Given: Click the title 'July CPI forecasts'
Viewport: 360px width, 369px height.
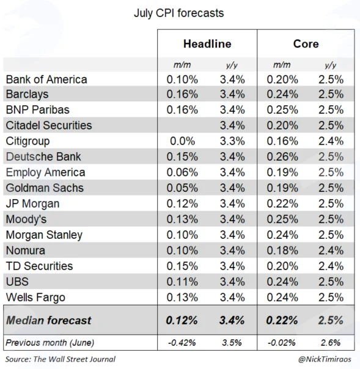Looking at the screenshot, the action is point(178,13).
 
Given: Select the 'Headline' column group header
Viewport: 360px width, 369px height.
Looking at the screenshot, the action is point(207,44).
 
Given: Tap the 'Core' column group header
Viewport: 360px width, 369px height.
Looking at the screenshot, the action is point(306,44).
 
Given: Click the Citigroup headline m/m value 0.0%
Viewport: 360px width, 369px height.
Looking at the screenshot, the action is point(183,141).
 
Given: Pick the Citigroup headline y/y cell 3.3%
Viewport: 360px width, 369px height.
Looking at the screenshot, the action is point(232,141).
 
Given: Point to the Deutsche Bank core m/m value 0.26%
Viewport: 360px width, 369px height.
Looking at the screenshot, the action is point(282,157).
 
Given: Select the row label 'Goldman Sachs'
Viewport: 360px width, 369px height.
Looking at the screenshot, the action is point(45,188).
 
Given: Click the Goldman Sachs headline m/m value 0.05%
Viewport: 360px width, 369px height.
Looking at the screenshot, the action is point(182,188).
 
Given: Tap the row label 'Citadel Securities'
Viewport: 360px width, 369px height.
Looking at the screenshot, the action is point(49,125).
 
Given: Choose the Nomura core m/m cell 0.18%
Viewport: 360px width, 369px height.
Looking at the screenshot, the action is point(282,250).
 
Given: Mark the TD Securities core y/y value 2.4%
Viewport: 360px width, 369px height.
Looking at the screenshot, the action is point(331,266).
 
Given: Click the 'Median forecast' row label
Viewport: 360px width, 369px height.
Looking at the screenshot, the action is point(48,321).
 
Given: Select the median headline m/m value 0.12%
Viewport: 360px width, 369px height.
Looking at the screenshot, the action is point(182,321).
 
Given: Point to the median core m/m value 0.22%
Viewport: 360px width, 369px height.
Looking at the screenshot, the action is point(282,321).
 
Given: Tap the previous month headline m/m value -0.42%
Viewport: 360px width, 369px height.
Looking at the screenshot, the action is point(182,343).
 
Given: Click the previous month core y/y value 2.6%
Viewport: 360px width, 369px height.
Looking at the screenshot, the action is point(331,343).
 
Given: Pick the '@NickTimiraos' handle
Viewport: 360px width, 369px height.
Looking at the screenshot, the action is point(325,359).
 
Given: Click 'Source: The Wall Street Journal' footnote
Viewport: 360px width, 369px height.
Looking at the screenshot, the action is point(61,359).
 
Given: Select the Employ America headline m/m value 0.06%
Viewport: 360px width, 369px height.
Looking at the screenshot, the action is point(182,172).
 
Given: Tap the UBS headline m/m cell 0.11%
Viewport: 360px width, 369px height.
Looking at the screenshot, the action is point(182,282).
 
